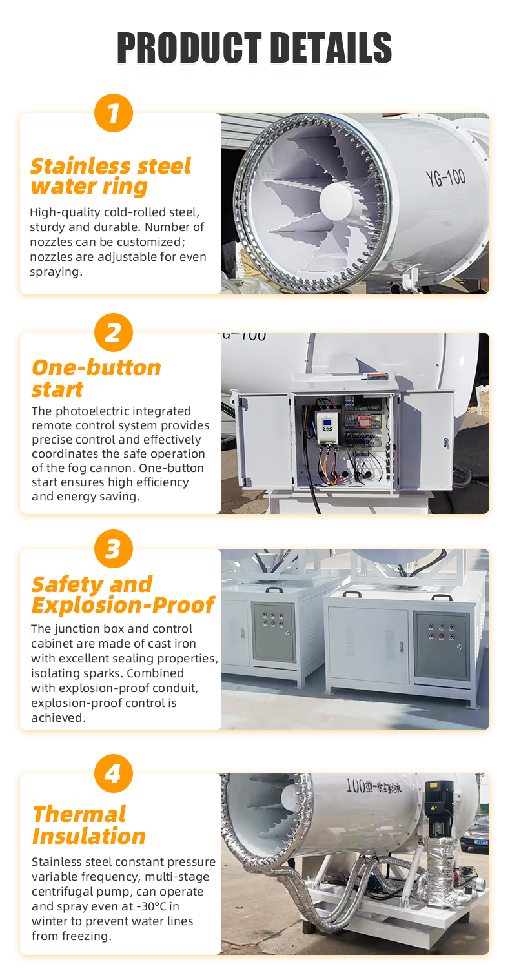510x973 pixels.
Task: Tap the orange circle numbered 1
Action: click(114, 113)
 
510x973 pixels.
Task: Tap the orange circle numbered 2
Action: click(114, 333)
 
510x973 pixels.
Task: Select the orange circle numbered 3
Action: click(114, 549)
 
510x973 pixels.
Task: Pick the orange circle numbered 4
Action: click(114, 773)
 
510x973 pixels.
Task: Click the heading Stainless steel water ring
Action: click(110, 176)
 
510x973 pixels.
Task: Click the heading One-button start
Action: click(96, 378)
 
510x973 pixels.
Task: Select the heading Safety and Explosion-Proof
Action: click(123, 594)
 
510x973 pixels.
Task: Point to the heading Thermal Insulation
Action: click(89, 825)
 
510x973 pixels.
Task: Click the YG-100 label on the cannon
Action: click(445, 178)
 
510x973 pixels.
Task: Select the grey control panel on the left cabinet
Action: click(274, 631)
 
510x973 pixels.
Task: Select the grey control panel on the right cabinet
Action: click(442, 644)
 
